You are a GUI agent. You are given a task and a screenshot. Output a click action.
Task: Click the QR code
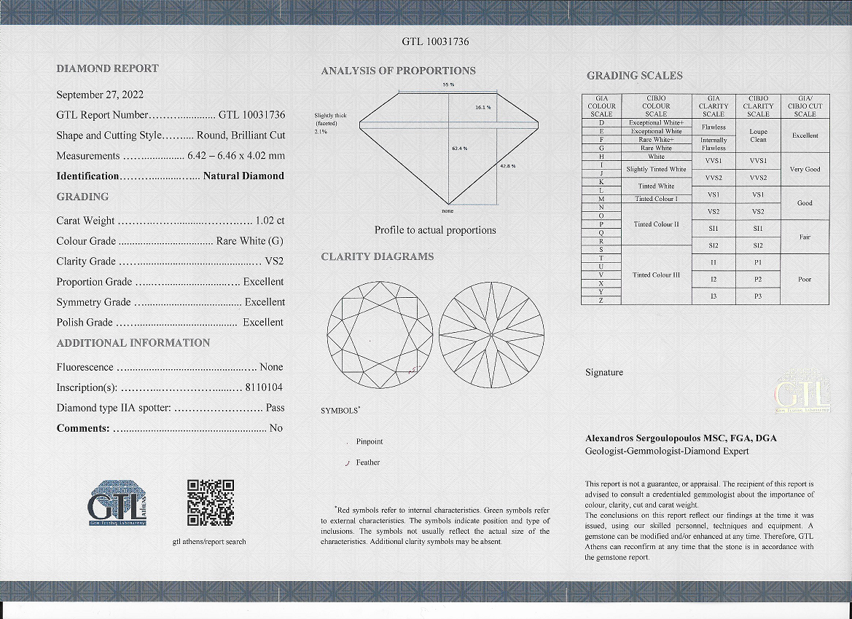point(211,502)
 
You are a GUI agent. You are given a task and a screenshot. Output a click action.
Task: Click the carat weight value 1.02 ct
point(270,221)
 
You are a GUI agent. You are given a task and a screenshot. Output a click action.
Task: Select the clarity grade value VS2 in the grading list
point(274,261)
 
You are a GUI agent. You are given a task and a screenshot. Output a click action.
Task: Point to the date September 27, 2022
point(100,94)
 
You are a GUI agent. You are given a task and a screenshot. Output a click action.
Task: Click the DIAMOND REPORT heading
point(107,68)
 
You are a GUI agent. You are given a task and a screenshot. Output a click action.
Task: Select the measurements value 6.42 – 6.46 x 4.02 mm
point(236,156)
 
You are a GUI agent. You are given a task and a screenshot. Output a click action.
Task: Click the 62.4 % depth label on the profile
point(459,149)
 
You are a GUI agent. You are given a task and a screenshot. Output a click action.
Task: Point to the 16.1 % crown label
point(482,108)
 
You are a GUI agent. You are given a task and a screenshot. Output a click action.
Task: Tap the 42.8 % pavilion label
point(507,166)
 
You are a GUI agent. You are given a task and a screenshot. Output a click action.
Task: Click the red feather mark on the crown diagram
point(413,371)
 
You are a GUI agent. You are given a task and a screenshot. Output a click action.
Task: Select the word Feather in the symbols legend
point(367,462)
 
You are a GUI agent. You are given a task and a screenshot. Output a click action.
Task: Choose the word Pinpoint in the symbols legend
point(369,442)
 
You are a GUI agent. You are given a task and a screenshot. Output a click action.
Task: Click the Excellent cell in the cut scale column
point(805,135)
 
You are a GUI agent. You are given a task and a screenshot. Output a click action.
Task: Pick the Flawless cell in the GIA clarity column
point(714,127)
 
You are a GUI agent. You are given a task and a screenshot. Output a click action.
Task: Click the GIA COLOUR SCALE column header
point(601,106)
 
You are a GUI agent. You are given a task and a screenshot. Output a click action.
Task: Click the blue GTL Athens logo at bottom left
point(118,503)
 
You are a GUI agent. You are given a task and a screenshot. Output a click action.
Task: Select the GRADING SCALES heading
point(634,76)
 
